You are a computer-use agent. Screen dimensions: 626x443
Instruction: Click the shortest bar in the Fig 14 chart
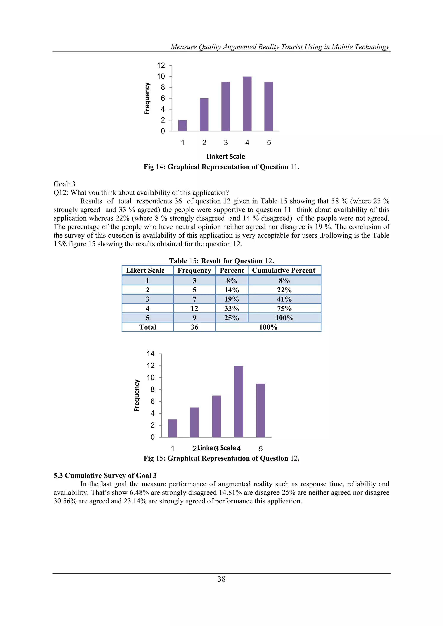tap(183, 125)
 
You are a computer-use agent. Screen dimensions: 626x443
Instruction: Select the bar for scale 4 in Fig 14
tap(247, 104)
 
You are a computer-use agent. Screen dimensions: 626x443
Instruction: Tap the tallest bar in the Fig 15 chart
tap(238, 401)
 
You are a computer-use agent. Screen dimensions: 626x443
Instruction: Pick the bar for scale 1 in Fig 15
tap(172, 428)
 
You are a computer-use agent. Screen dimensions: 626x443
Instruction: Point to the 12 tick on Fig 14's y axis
tap(161, 66)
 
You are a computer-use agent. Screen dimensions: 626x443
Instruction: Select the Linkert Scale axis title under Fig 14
tap(226, 157)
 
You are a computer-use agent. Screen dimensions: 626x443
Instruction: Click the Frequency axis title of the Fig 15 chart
tap(137, 395)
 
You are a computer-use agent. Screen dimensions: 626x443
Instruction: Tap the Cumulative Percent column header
tap(284, 270)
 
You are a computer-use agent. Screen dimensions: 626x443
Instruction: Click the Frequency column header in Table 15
tap(194, 270)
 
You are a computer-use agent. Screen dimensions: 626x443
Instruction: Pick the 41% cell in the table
tap(284, 299)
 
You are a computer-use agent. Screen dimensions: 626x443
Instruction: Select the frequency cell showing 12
tap(194, 308)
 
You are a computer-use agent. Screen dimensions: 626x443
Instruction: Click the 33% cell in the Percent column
tap(232, 308)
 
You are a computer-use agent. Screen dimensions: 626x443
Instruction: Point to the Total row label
tap(148, 327)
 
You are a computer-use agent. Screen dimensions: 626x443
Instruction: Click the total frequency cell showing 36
tap(194, 327)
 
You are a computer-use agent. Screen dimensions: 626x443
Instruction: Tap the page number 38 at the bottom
tap(221, 579)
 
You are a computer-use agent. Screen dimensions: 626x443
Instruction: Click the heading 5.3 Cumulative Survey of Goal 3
tap(105, 476)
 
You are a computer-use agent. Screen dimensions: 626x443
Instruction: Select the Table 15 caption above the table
tap(221, 261)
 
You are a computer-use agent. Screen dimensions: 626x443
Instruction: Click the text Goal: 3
tap(64, 184)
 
